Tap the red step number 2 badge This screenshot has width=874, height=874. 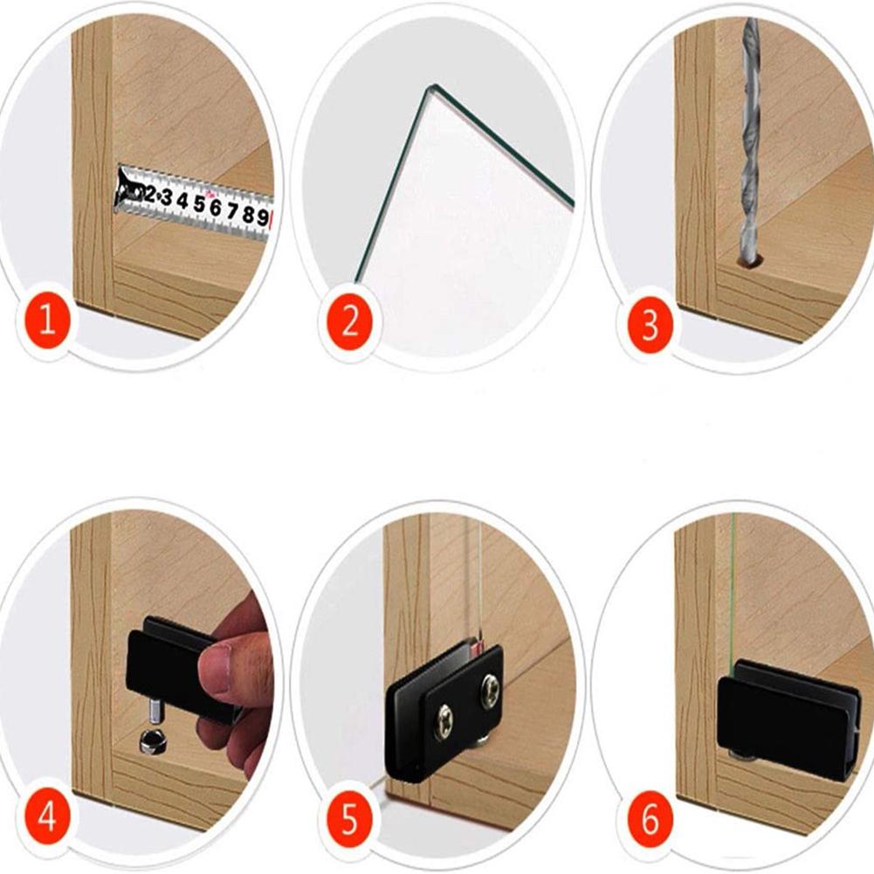(x=349, y=320)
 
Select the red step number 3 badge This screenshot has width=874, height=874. (x=650, y=326)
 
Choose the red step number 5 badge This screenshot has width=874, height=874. (x=349, y=821)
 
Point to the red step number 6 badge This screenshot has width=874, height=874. (x=650, y=821)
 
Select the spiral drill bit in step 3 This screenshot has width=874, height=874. (x=749, y=140)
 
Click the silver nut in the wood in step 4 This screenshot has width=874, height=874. (x=150, y=743)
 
